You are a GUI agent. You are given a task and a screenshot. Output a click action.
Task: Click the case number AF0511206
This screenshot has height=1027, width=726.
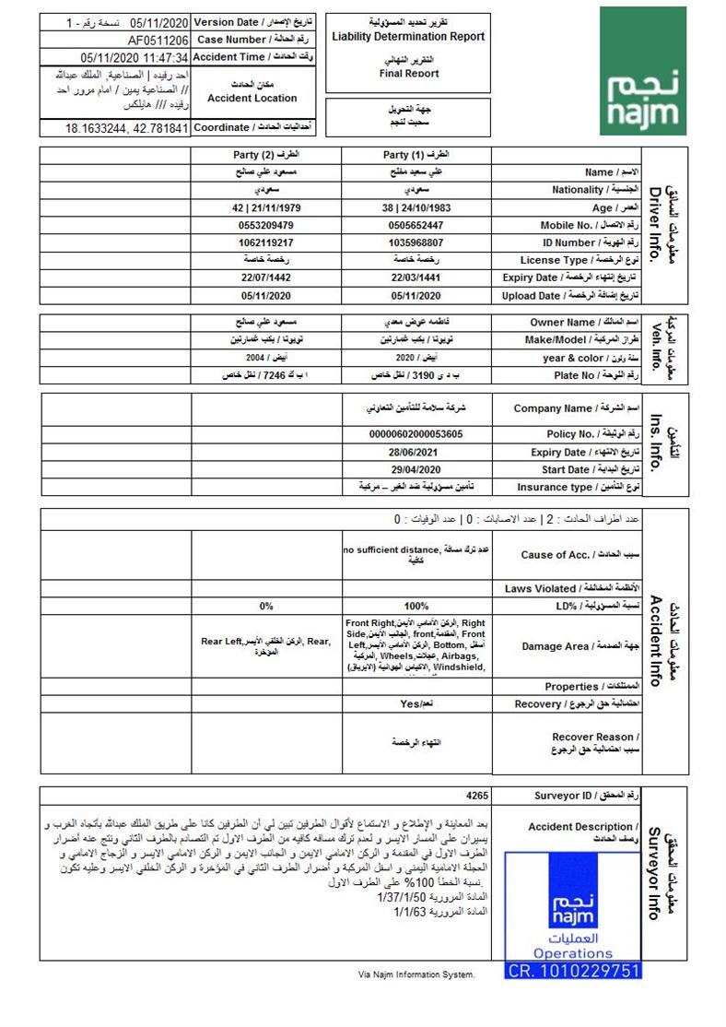pos(158,41)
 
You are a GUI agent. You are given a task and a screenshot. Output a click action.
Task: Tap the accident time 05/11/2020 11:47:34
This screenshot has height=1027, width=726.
pos(135,57)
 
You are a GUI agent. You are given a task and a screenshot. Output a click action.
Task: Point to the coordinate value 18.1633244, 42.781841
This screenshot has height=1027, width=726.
pos(126,128)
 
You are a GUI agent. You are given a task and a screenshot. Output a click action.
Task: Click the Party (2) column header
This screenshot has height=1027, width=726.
pos(265,155)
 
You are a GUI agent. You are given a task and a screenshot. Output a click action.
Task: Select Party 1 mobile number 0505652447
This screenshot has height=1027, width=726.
pos(416,225)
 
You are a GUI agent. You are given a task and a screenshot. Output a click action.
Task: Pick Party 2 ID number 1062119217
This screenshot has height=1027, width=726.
pos(266,242)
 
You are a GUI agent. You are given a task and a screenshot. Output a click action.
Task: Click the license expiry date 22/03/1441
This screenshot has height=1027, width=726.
pos(416,277)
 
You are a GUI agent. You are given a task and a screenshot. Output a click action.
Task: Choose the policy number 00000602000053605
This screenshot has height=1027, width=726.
pos(416,434)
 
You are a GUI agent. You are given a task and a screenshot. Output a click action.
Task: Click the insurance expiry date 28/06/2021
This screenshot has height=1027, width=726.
pos(416,452)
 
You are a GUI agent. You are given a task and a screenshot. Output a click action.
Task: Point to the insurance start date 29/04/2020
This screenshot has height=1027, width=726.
pos(416,469)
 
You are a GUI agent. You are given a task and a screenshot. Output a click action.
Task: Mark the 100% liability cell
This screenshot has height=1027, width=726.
pos(416,606)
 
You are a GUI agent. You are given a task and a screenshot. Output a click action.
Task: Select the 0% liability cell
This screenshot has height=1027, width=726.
pos(266,606)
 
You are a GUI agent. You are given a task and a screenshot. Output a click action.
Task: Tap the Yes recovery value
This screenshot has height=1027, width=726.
pos(416,703)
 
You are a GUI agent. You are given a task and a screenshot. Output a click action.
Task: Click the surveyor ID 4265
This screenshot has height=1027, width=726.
pos(477,796)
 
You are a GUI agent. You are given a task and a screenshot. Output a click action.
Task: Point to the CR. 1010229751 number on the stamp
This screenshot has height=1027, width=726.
pos(573,970)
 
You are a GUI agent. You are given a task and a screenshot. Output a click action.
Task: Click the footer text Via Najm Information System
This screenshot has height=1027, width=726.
pos(416,974)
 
